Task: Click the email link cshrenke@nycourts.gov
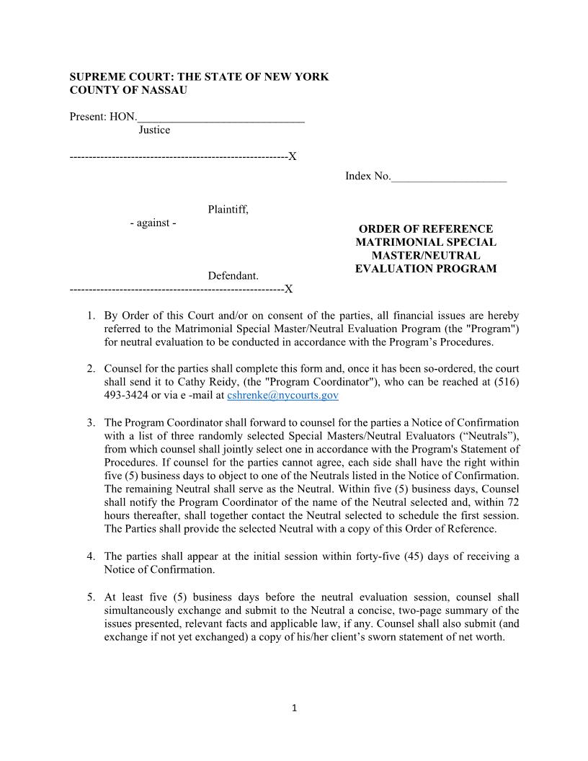click(282, 396)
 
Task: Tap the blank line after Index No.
click(448, 177)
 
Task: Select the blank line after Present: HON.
click(220, 117)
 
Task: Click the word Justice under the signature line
click(154, 130)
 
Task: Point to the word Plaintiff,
click(228, 210)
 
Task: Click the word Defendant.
click(233, 276)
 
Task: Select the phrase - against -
click(153, 223)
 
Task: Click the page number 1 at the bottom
click(294, 708)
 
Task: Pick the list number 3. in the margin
click(91, 423)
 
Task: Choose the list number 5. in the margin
click(91, 597)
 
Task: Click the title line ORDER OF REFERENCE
click(425, 229)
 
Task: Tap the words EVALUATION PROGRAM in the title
click(425, 269)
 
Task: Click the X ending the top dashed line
click(293, 157)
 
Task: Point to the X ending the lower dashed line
click(288, 290)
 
